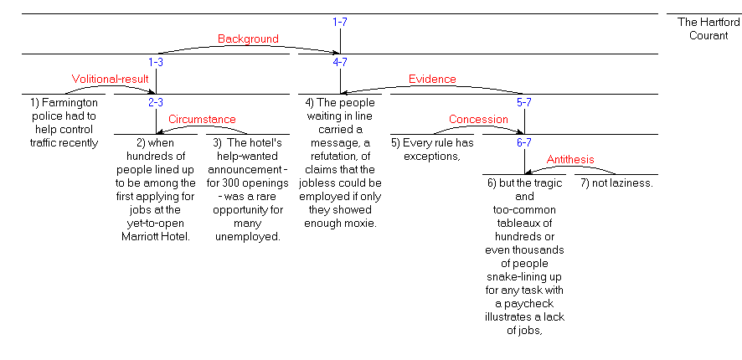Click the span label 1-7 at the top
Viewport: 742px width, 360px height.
click(x=340, y=22)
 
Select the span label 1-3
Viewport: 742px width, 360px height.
click(x=156, y=62)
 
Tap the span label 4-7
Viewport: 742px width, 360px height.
click(x=340, y=62)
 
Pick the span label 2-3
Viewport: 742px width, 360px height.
click(x=156, y=102)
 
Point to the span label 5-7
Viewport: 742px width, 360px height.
click(x=525, y=102)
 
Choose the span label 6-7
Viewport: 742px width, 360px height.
click(x=525, y=142)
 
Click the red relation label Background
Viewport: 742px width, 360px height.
click(x=248, y=39)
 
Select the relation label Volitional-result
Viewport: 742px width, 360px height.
click(x=110, y=80)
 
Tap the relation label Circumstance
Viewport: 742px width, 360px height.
click(x=202, y=120)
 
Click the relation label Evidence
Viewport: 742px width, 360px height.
click(x=432, y=80)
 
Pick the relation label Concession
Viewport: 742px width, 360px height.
click(x=478, y=120)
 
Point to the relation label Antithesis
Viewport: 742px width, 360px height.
click(x=570, y=160)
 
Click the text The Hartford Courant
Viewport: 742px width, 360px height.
click(x=709, y=28)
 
